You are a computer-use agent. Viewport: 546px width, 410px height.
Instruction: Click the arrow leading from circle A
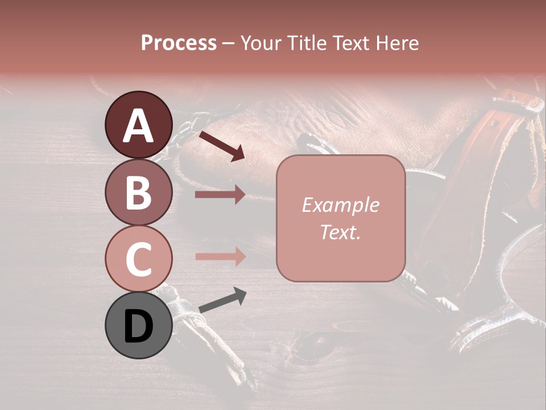(222, 145)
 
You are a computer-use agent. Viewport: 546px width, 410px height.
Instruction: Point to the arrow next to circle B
(220, 195)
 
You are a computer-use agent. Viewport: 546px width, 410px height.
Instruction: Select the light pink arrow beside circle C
(220, 256)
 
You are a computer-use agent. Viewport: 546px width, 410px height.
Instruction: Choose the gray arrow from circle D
(222, 300)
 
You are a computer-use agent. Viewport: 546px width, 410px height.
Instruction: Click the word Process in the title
(179, 43)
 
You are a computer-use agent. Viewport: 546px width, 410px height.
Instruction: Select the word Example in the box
(340, 206)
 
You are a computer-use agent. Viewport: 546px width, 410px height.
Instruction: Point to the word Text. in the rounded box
(340, 232)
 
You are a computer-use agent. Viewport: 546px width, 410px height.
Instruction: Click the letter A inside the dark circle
(138, 126)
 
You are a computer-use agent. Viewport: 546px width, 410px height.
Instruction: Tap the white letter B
(138, 192)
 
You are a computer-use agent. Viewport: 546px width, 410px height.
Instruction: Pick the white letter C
(138, 259)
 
